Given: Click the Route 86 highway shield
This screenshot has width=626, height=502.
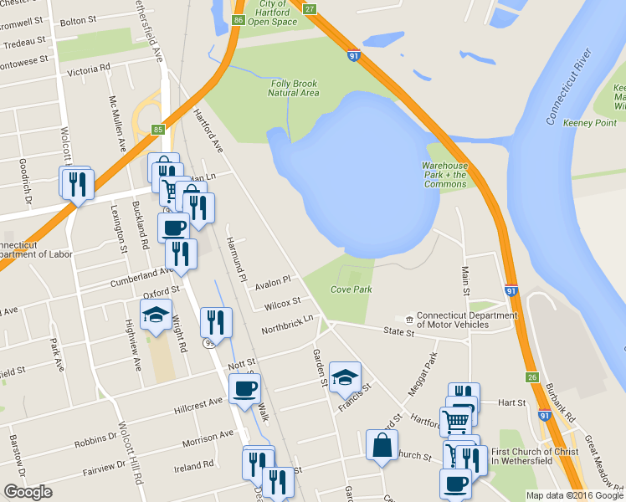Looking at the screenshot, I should tap(239, 20).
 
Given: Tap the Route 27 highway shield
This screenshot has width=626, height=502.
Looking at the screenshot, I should tap(310, 8).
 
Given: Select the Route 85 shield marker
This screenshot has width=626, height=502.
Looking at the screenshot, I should tap(158, 129).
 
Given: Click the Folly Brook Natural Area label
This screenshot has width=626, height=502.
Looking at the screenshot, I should tap(294, 88).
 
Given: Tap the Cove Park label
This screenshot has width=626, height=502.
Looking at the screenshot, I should tap(351, 289).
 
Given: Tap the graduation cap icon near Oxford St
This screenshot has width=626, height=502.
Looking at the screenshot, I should tap(156, 315).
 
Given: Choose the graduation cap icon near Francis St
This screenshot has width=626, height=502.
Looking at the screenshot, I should tap(345, 376).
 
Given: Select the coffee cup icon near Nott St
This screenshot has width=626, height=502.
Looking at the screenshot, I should tap(244, 388).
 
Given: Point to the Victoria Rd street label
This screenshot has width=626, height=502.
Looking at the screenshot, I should tap(89, 71).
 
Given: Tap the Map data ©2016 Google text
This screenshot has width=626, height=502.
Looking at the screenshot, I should tap(573, 495).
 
